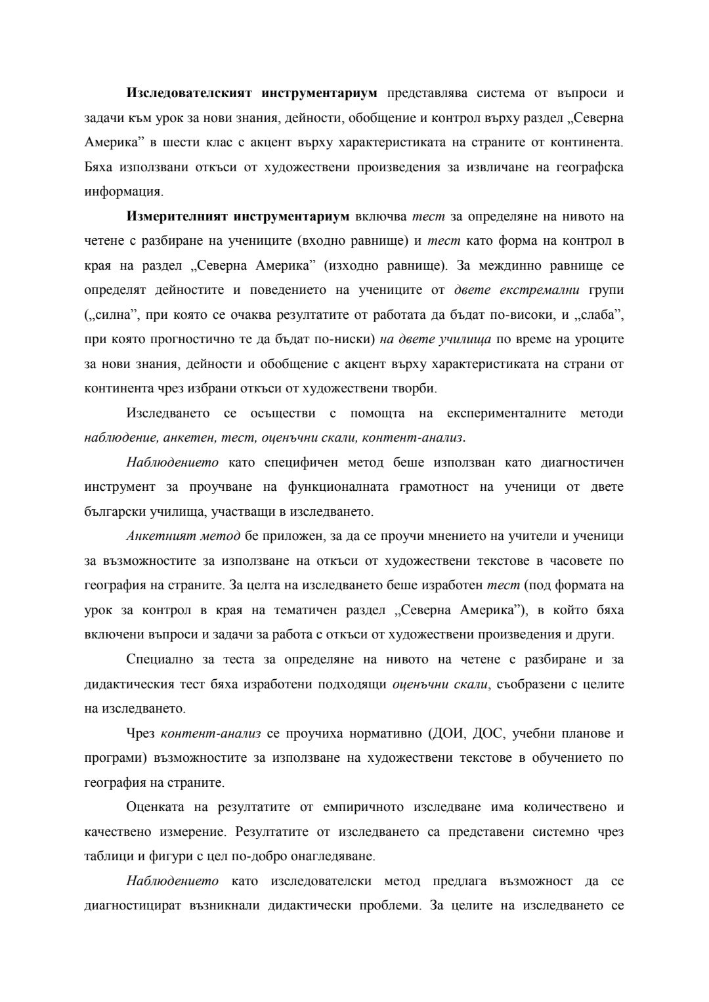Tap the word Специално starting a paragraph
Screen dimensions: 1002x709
[x=157, y=659]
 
